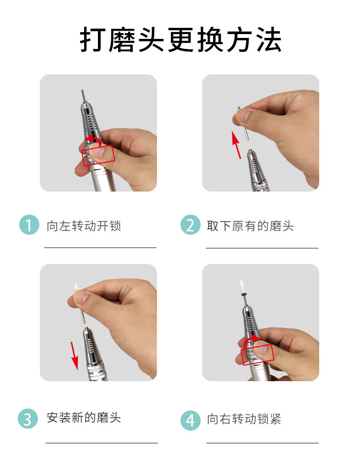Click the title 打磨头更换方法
(180, 40)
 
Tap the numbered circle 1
(29, 225)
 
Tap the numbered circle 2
(191, 225)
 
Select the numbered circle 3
(28, 419)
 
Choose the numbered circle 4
(191, 421)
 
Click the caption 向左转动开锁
(84, 226)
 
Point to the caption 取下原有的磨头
(250, 226)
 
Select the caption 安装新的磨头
(84, 418)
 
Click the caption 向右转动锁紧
(244, 419)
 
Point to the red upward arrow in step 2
(237, 145)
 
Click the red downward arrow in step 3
(74, 355)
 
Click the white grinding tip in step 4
(242, 288)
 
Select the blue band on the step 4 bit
(242, 296)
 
